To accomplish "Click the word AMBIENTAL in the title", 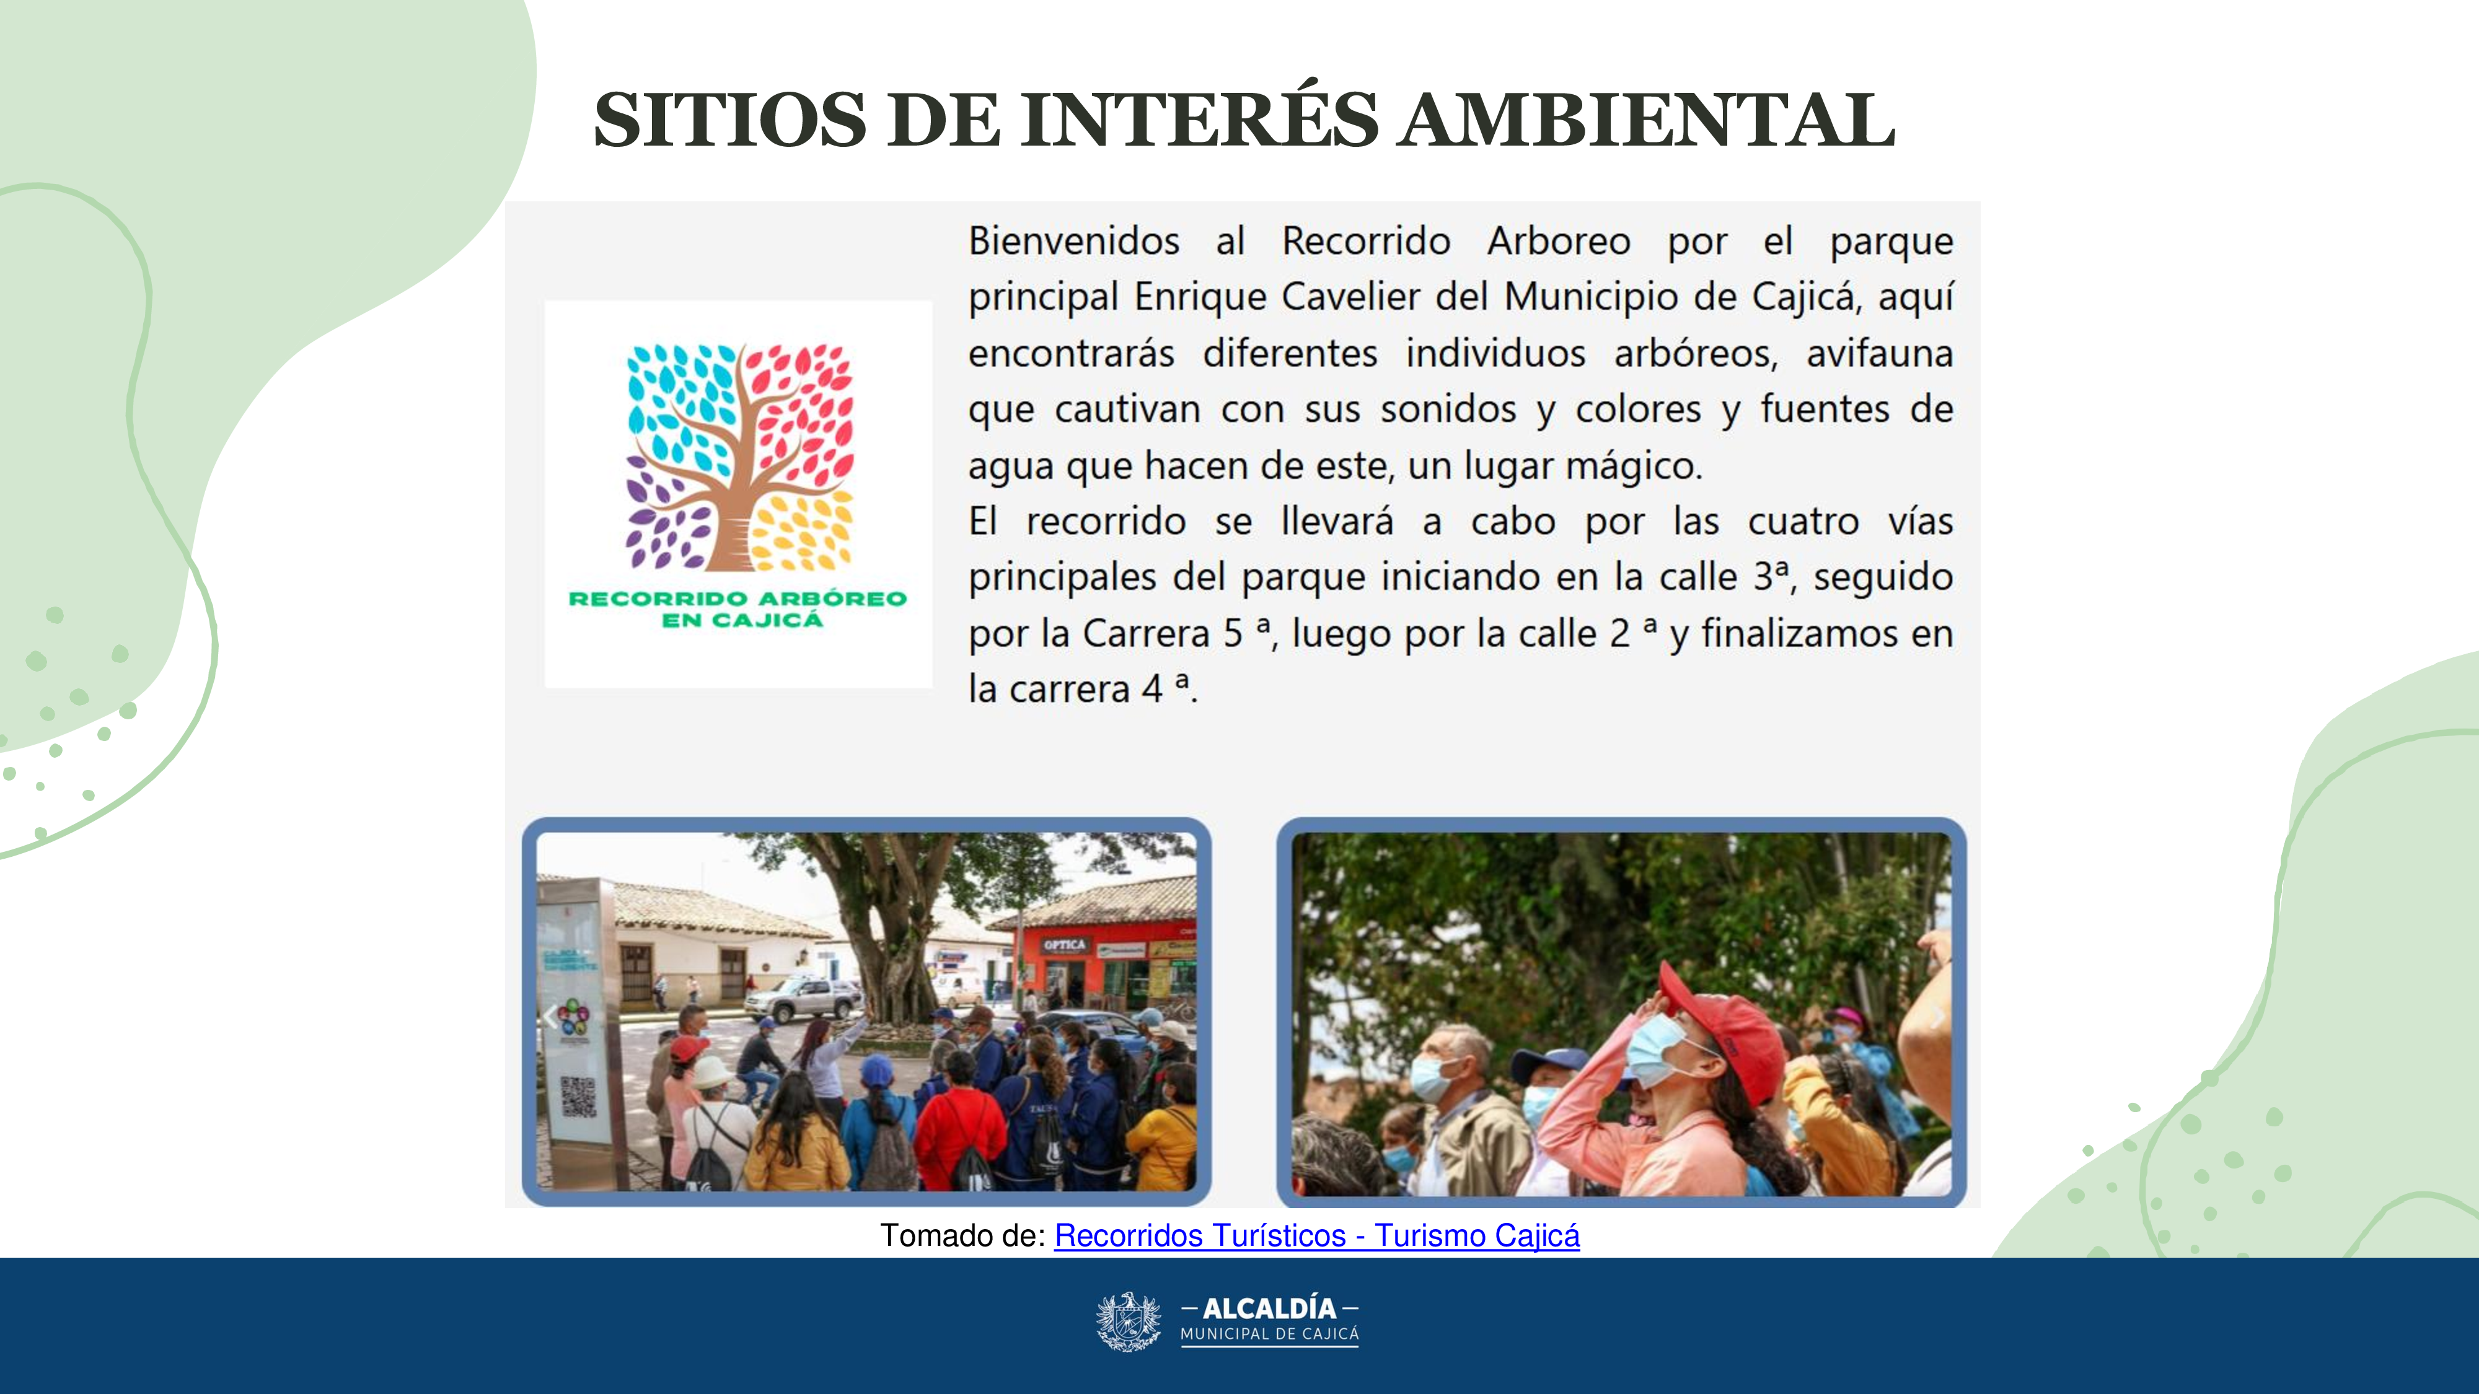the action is [1647, 120].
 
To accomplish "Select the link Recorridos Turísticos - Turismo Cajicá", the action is [1316, 1235].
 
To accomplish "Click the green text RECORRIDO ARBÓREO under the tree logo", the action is [738, 598].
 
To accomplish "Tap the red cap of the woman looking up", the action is [1727, 1025].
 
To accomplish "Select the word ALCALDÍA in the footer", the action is [1269, 1309].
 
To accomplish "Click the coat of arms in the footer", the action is [1129, 1321].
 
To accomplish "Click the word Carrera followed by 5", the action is [1146, 634].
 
